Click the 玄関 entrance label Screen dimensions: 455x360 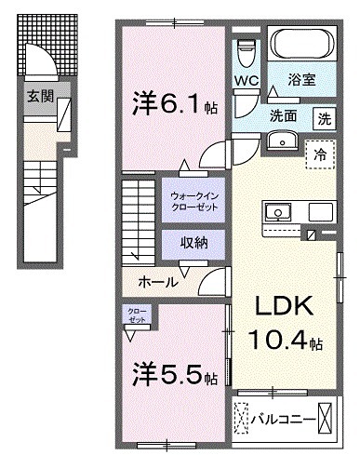[x=39, y=95]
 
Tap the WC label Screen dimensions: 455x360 [x=246, y=80]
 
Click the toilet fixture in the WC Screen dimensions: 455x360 [x=246, y=48]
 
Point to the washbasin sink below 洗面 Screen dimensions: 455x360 [x=282, y=141]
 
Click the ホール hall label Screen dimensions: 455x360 [x=158, y=280]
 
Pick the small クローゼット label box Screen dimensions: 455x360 [x=138, y=316]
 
